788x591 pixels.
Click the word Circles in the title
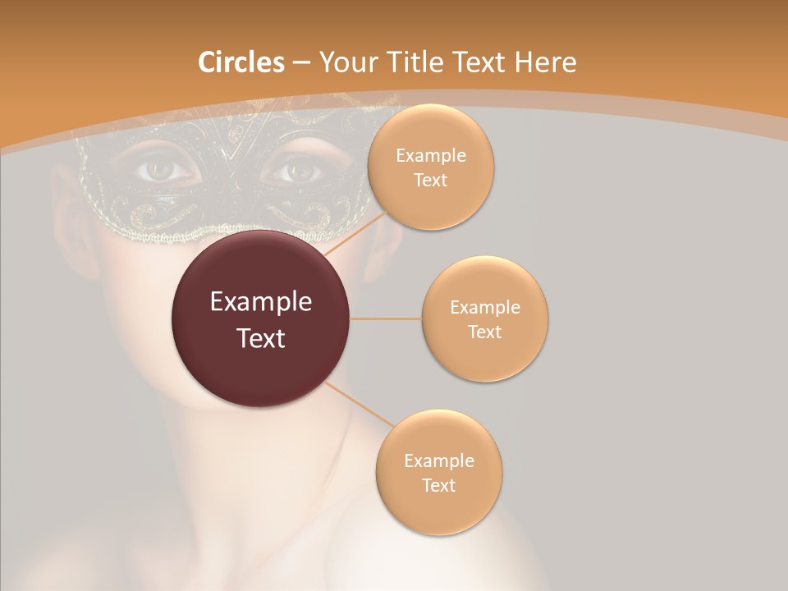[241, 62]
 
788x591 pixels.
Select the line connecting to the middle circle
[385, 318]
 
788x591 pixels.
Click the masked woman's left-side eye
[167, 170]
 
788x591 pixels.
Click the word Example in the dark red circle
[261, 302]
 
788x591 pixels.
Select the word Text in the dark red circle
[261, 337]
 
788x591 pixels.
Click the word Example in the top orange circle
[431, 156]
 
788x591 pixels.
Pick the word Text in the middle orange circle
[484, 332]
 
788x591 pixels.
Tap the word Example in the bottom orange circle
[439, 460]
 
